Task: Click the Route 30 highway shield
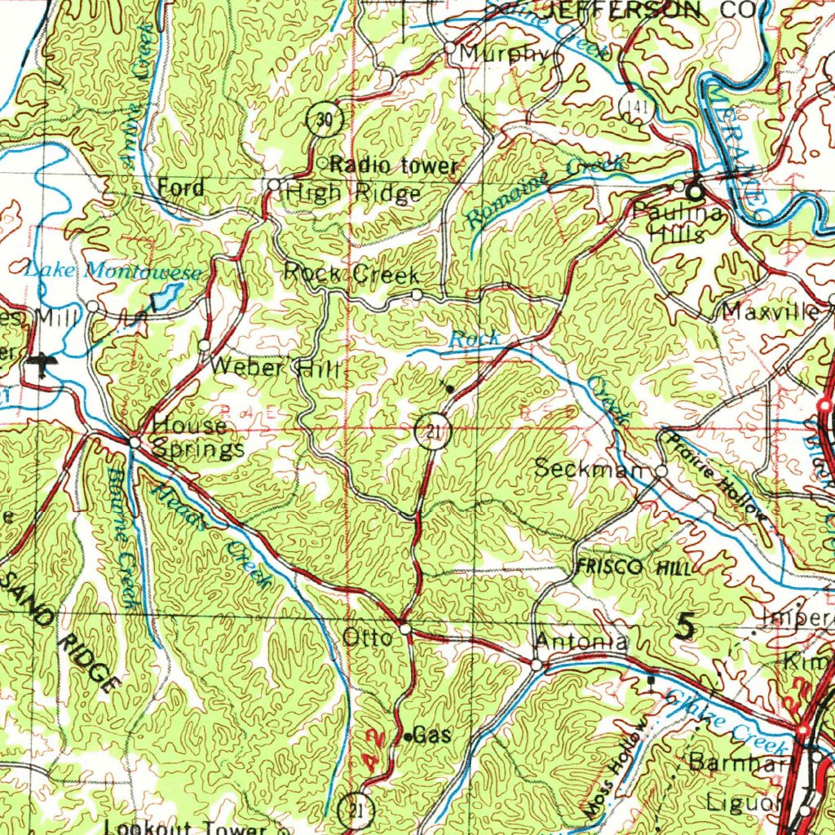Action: [325, 120]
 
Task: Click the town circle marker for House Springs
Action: [135, 442]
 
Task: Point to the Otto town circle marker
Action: [405, 630]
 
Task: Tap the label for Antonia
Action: [581, 642]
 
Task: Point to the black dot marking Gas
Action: [409, 737]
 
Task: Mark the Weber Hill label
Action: [273, 368]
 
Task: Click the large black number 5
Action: [687, 626]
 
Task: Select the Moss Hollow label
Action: [618, 770]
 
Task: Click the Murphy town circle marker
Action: [450, 48]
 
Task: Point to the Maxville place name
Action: [771, 312]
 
